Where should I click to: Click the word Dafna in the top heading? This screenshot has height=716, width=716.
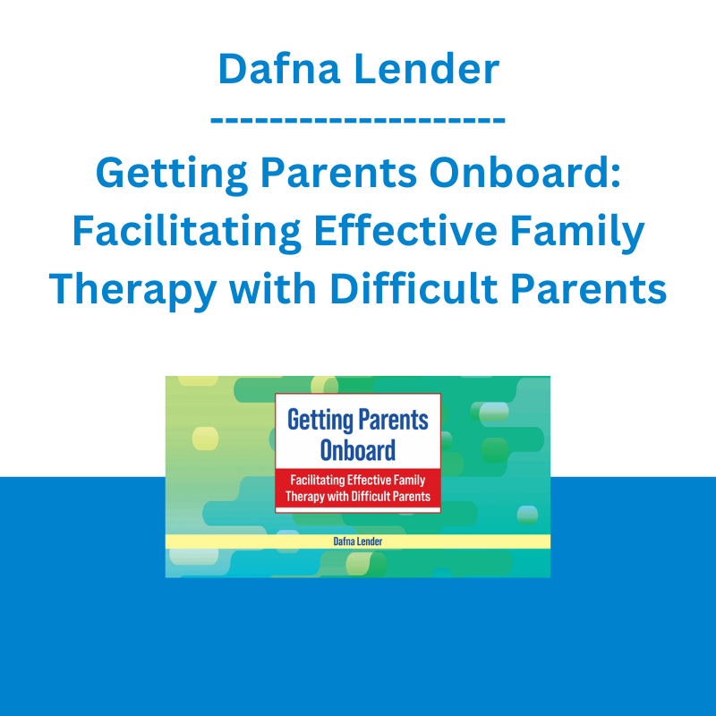pos(279,69)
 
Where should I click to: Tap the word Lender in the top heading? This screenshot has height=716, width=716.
pos(427,69)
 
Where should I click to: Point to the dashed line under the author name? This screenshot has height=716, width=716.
pos(358,120)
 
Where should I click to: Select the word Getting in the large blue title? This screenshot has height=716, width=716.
pos(172,175)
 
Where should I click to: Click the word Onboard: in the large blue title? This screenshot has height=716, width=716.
pos(525,173)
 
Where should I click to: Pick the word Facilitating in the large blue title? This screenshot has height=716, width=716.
pos(187,232)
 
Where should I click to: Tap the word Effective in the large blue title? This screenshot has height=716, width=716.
pos(405,230)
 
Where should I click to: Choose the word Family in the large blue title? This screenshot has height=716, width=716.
pos(577,232)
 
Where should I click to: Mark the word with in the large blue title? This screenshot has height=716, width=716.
pos(273,288)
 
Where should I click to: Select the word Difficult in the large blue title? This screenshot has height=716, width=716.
pos(413,288)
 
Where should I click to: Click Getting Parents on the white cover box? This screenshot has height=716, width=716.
pos(358,420)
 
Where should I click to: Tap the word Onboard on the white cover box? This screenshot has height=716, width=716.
pos(358,450)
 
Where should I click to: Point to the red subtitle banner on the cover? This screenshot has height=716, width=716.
pos(358,488)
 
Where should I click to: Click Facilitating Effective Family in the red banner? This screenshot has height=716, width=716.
pos(358,480)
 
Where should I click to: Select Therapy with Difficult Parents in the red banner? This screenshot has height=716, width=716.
pos(358,497)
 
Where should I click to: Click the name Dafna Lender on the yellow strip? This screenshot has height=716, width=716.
pos(358,541)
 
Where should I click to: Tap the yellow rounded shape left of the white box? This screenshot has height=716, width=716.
pos(206,439)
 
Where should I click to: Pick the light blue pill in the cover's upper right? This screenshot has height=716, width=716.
pos(494,412)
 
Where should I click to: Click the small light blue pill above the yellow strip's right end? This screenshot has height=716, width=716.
pos(527,515)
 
